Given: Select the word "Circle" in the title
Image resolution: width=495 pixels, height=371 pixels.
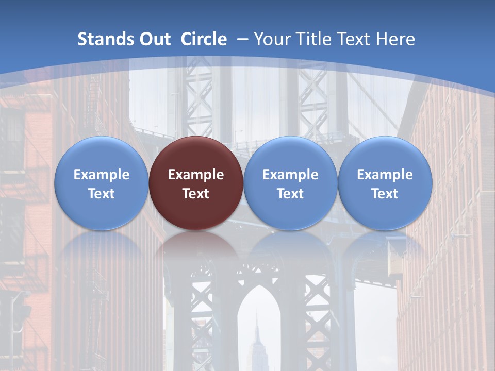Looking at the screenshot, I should pos(204,39).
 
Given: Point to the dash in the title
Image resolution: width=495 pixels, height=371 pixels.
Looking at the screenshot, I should pos(242,39).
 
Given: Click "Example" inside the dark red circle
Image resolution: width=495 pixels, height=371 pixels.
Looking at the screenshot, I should pos(196,175).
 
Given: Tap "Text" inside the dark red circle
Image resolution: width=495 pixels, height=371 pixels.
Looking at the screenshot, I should pos(196,194).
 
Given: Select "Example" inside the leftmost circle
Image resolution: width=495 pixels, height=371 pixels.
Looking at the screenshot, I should pos(101,175).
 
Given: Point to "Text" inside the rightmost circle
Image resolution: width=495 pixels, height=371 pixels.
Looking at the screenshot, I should pos(385,194).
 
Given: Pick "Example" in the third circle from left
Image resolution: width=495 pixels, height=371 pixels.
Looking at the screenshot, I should pos(290,175).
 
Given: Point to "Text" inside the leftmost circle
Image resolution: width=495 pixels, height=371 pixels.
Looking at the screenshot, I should pos(101,194).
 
